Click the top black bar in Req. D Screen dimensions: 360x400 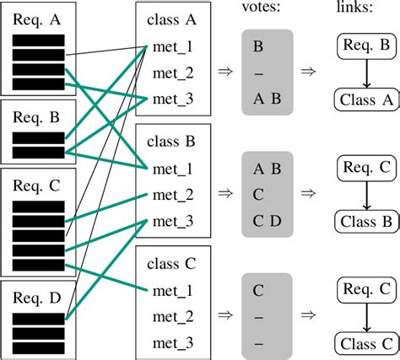(x=39, y=318)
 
